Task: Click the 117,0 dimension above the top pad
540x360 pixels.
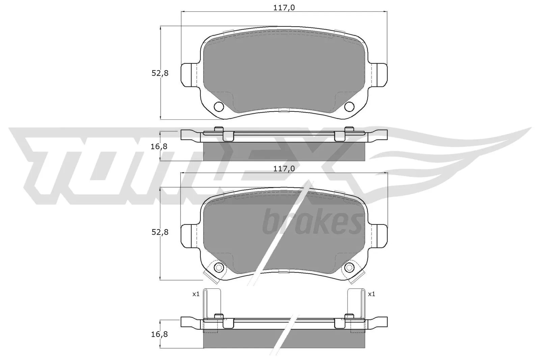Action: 284,7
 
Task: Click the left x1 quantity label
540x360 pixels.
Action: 196,294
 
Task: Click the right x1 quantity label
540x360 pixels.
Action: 372,294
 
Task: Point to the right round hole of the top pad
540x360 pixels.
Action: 349,106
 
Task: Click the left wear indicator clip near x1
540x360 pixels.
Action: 212,304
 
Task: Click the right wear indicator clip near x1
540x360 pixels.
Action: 356,304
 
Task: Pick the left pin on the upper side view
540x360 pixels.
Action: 219,129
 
